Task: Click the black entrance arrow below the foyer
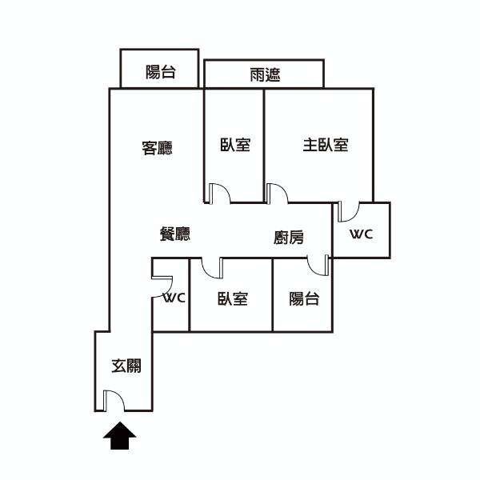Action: pyautogui.click(x=119, y=436)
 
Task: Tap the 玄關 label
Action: pyautogui.click(x=126, y=366)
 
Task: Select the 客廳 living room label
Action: pyautogui.click(x=157, y=148)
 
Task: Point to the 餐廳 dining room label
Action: pyautogui.click(x=175, y=234)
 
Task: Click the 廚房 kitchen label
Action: pyautogui.click(x=289, y=238)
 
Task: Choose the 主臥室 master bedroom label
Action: pyautogui.click(x=326, y=145)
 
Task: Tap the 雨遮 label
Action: pyautogui.click(x=265, y=74)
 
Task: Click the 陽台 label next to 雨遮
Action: pyautogui.click(x=161, y=72)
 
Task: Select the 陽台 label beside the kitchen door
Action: pyautogui.click(x=304, y=298)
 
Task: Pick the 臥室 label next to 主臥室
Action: pyautogui.click(x=235, y=145)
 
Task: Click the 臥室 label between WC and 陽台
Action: pyautogui.click(x=233, y=298)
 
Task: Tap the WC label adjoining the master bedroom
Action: pyautogui.click(x=362, y=234)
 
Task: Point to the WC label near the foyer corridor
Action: pyautogui.click(x=174, y=298)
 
